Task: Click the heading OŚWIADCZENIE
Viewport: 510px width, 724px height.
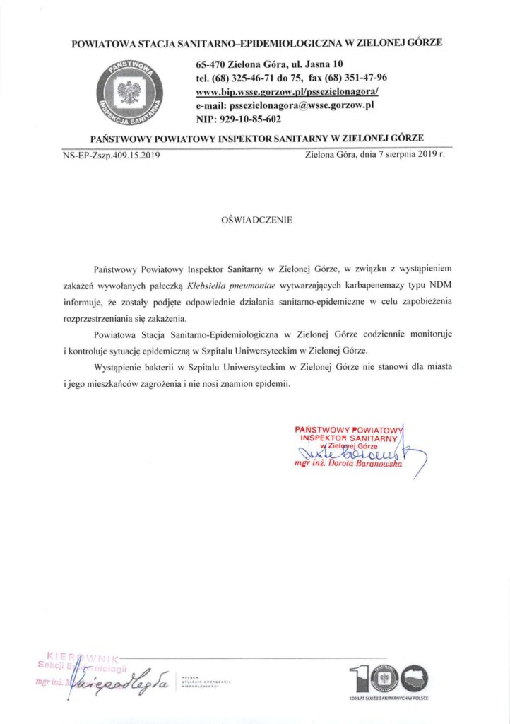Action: [x=256, y=220]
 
